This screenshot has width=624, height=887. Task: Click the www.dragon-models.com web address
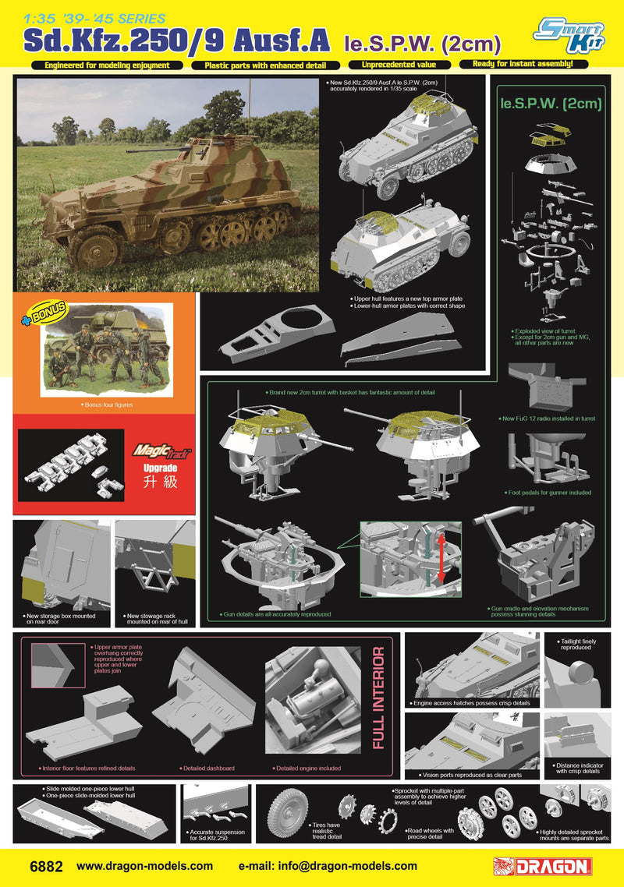[x=145, y=865]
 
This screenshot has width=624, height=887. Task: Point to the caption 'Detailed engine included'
[x=308, y=768]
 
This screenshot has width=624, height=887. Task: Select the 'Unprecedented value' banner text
[x=399, y=65]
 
